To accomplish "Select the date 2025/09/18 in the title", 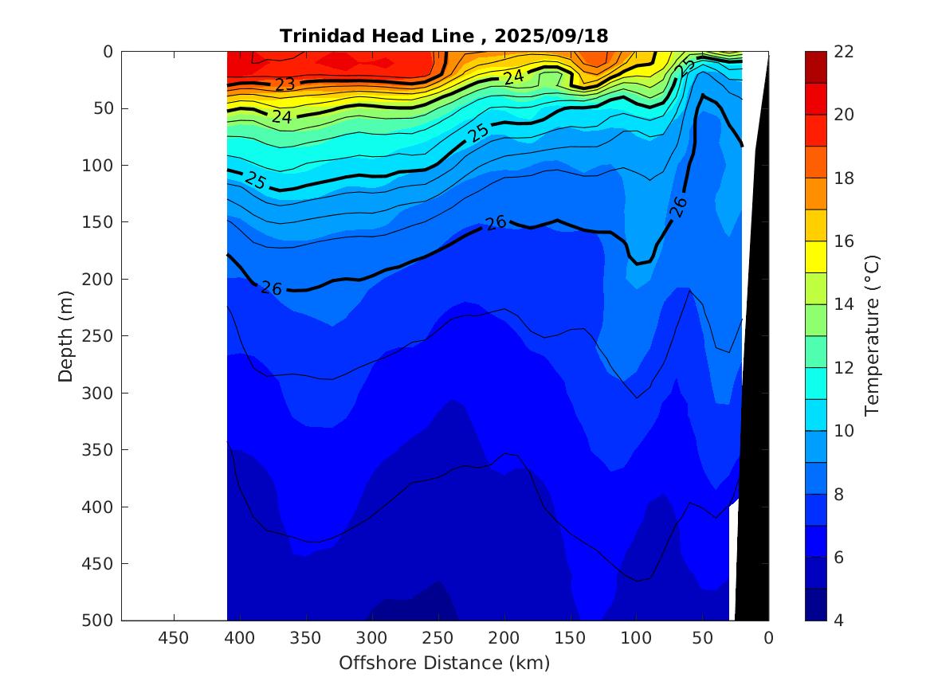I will (551, 36).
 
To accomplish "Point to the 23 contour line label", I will (284, 84).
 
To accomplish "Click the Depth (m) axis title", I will (66, 335).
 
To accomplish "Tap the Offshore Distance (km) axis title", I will (444, 663).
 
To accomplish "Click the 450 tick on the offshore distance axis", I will (174, 637).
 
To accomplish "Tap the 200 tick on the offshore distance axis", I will (504, 637).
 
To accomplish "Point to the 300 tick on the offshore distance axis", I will (371, 637).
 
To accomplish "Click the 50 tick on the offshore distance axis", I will (702, 637).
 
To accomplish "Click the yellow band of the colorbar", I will (815, 257).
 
